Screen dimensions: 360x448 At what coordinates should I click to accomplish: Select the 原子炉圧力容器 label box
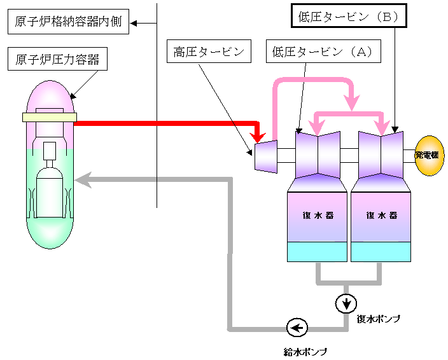click(x=58, y=62)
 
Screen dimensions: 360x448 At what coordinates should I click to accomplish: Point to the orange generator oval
click(x=430, y=156)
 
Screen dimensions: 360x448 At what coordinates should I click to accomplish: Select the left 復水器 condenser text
click(x=317, y=215)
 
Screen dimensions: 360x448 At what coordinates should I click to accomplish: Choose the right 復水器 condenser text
click(x=381, y=215)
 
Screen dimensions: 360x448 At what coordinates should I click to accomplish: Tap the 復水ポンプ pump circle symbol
click(x=346, y=304)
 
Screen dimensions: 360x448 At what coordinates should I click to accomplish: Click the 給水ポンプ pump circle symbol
click(x=297, y=328)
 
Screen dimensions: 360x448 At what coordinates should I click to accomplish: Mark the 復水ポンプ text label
click(x=378, y=319)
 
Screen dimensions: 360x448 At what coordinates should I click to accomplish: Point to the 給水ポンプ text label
click(x=305, y=350)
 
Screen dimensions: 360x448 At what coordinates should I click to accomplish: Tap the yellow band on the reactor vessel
click(x=49, y=117)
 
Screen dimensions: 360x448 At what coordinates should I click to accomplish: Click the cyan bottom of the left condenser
click(x=317, y=251)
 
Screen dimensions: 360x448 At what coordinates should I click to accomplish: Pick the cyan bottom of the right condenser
click(x=381, y=251)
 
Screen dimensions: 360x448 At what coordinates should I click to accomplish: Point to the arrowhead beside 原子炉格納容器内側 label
click(x=134, y=24)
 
